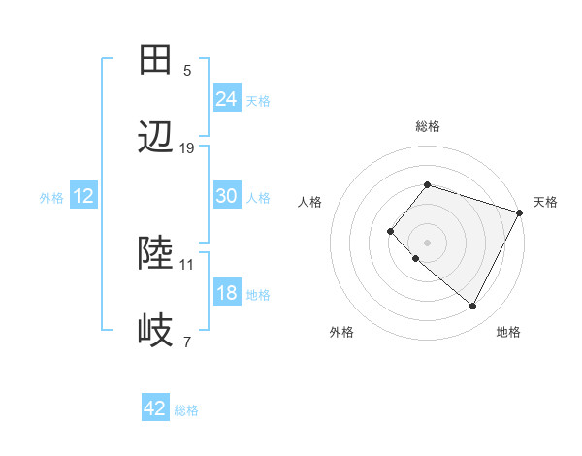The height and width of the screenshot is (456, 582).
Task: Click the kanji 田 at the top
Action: (156, 60)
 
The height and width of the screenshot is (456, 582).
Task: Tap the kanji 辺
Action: (156, 138)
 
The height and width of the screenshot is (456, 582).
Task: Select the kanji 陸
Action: (156, 254)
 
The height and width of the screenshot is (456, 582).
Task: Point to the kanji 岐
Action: (156, 332)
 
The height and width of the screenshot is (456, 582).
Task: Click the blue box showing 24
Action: (226, 98)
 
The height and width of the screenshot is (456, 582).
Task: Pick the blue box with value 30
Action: (226, 196)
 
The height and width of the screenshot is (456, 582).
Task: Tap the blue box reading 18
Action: (226, 293)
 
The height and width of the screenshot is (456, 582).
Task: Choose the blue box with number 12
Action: (82, 196)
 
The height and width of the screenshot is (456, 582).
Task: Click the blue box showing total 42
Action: (154, 408)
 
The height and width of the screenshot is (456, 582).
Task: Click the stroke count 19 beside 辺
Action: (187, 148)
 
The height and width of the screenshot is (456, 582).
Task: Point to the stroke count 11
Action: (187, 264)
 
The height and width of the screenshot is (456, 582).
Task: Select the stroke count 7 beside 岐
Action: (187, 342)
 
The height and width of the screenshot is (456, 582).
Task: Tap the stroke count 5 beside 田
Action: (187, 71)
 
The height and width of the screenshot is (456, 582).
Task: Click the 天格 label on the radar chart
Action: (545, 202)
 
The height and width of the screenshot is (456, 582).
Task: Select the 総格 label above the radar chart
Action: (427, 126)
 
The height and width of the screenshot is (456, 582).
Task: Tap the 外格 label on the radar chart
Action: (341, 332)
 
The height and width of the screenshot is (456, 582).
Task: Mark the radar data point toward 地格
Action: (472, 307)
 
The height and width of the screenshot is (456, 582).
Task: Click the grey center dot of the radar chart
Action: (427, 242)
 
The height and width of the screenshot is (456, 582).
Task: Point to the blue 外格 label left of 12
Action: (51, 197)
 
